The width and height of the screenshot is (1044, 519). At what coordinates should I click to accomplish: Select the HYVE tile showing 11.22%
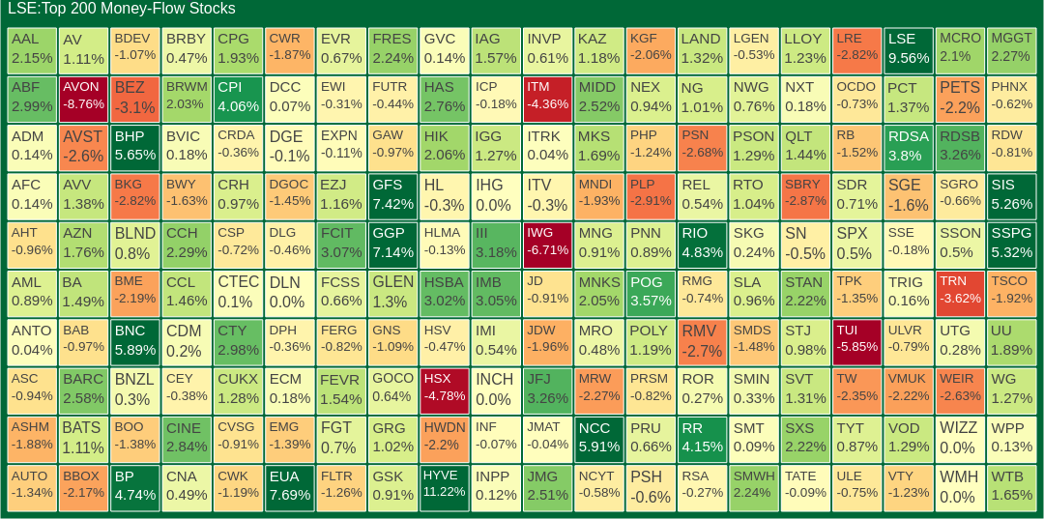[x=445, y=487]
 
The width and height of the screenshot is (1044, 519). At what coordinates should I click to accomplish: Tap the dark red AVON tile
[x=83, y=98]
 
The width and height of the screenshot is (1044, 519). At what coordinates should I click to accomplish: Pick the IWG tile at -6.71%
[x=548, y=245]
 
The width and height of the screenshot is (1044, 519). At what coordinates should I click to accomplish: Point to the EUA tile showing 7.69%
[x=290, y=487]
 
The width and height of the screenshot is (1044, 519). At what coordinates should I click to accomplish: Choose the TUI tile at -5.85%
[x=856, y=341]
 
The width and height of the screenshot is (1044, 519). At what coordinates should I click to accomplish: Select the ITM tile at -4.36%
[x=548, y=98]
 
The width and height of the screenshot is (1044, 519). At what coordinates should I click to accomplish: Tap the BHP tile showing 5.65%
[x=134, y=147]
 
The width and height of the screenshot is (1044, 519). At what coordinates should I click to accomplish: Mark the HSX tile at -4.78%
[x=445, y=389]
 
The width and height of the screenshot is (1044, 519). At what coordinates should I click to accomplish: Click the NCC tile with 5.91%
[x=599, y=439]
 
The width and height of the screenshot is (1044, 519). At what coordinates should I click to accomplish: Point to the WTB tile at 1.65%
[x=1011, y=487]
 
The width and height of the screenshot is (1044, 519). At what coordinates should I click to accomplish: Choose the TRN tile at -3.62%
[x=960, y=293]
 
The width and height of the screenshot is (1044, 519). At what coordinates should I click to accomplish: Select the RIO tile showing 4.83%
[x=702, y=245]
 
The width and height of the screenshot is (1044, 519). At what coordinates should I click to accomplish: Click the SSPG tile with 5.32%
[x=1011, y=245]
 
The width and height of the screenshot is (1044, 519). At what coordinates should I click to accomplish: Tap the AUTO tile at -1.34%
[x=31, y=487]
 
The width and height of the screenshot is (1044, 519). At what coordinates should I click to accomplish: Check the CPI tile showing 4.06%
[x=238, y=98]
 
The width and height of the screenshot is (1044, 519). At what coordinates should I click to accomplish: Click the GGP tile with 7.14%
[x=392, y=245]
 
